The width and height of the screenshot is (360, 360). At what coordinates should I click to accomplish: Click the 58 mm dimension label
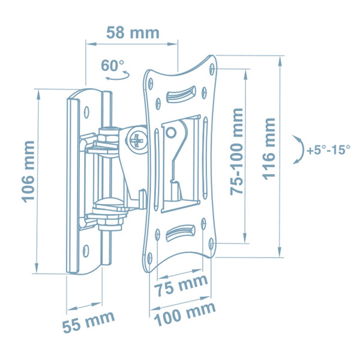click(x=133, y=33)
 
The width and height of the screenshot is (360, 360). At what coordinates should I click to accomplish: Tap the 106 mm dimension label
click(x=28, y=172)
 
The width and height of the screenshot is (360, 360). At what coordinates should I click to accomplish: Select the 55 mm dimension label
click(x=89, y=322)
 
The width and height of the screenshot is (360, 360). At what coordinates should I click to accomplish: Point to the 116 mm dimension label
click(x=269, y=149)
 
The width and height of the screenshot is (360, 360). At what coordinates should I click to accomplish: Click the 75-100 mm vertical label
click(x=236, y=152)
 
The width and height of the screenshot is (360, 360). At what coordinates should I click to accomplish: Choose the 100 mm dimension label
click(x=185, y=314)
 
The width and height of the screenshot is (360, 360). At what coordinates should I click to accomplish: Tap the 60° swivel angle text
click(x=113, y=65)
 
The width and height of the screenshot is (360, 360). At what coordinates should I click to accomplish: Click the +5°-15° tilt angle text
click(x=329, y=150)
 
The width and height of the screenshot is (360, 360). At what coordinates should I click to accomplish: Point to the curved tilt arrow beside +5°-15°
click(x=301, y=149)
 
